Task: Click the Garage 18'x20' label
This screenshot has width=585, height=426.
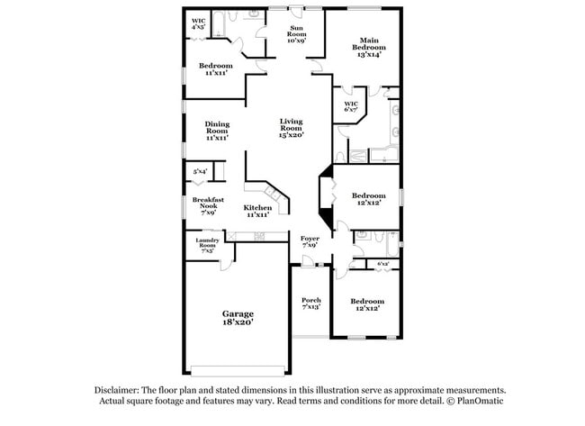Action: (238, 317)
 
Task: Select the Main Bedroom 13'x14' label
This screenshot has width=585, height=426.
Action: (368, 47)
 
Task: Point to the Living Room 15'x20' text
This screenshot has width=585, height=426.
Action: (291, 128)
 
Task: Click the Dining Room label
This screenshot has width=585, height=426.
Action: (216, 131)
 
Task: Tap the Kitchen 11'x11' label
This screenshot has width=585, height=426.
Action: (257, 212)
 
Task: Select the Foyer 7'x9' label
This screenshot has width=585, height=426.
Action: (309, 241)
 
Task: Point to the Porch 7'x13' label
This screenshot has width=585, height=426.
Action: (311, 304)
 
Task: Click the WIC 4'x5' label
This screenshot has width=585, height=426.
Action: (198, 24)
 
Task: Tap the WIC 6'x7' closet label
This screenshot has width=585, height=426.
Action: (351, 107)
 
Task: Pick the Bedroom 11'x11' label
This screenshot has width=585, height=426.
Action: (216, 69)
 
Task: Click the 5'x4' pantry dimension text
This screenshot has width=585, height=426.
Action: (200, 171)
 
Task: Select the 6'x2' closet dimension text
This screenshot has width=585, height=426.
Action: (382, 264)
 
